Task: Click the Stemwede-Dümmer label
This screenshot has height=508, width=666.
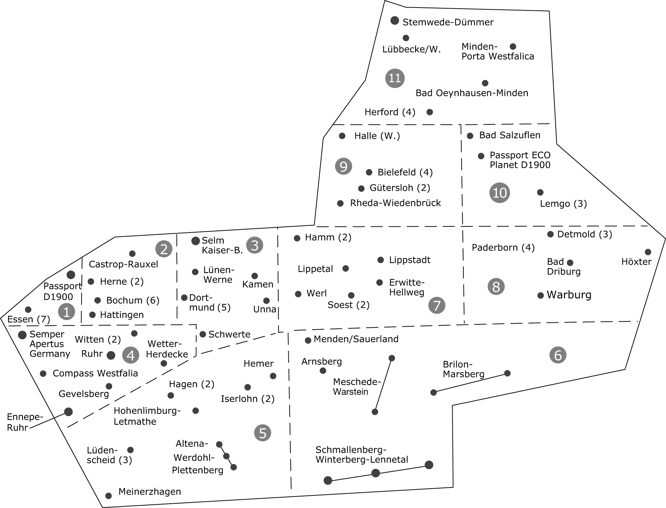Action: [448, 22]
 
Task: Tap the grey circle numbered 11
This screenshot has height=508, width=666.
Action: [395, 78]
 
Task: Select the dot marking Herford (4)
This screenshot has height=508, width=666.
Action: [430, 112]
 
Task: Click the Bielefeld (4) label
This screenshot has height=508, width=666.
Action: [405, 172]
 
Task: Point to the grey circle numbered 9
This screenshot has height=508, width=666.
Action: [343, 166]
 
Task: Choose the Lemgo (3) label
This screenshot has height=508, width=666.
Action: [563, 204]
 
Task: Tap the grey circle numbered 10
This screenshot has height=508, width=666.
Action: [499, 193]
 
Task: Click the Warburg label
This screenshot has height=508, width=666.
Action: [569, 295]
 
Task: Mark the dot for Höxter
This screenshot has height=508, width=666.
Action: [648, 252]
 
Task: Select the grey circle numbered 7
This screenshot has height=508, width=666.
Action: [437, 305]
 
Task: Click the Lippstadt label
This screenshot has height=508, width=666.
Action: [410, 260]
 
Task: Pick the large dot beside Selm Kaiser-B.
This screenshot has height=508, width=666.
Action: [196, 240]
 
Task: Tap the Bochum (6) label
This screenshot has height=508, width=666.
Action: [133, 300]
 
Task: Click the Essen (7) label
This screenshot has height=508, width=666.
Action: [28, 319]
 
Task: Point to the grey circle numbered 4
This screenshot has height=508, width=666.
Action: [130, 355]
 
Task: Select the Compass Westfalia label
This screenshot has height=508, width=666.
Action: [95, 373]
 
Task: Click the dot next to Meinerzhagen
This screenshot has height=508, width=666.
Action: [108, 496]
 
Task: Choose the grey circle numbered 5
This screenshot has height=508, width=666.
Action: [262, 433]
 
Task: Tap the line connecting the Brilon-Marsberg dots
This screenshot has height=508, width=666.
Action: [470, 383]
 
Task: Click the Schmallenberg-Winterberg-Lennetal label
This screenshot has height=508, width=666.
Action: [361, 455]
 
